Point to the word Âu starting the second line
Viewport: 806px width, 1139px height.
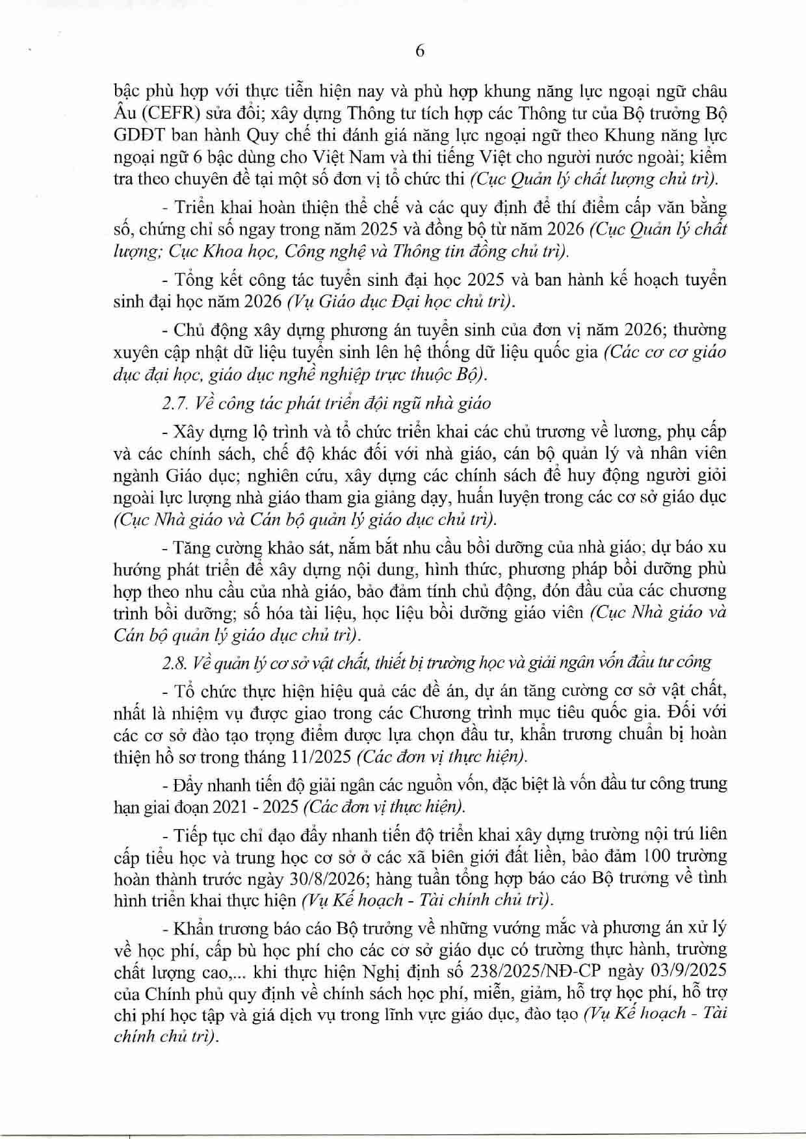(124, 114)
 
